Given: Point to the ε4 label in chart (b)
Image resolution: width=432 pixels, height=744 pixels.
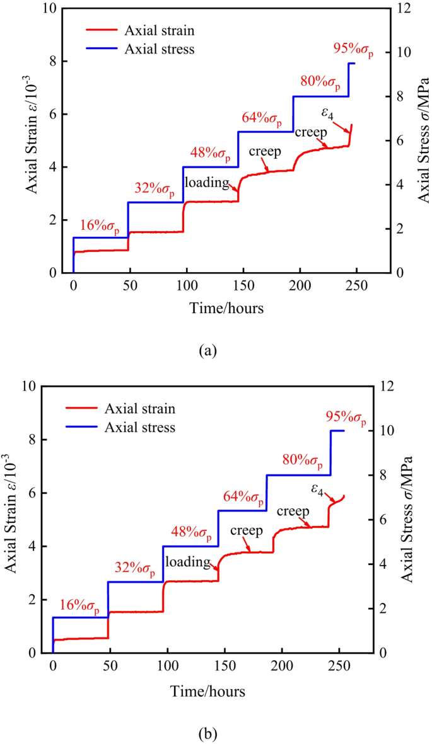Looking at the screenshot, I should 318,489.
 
